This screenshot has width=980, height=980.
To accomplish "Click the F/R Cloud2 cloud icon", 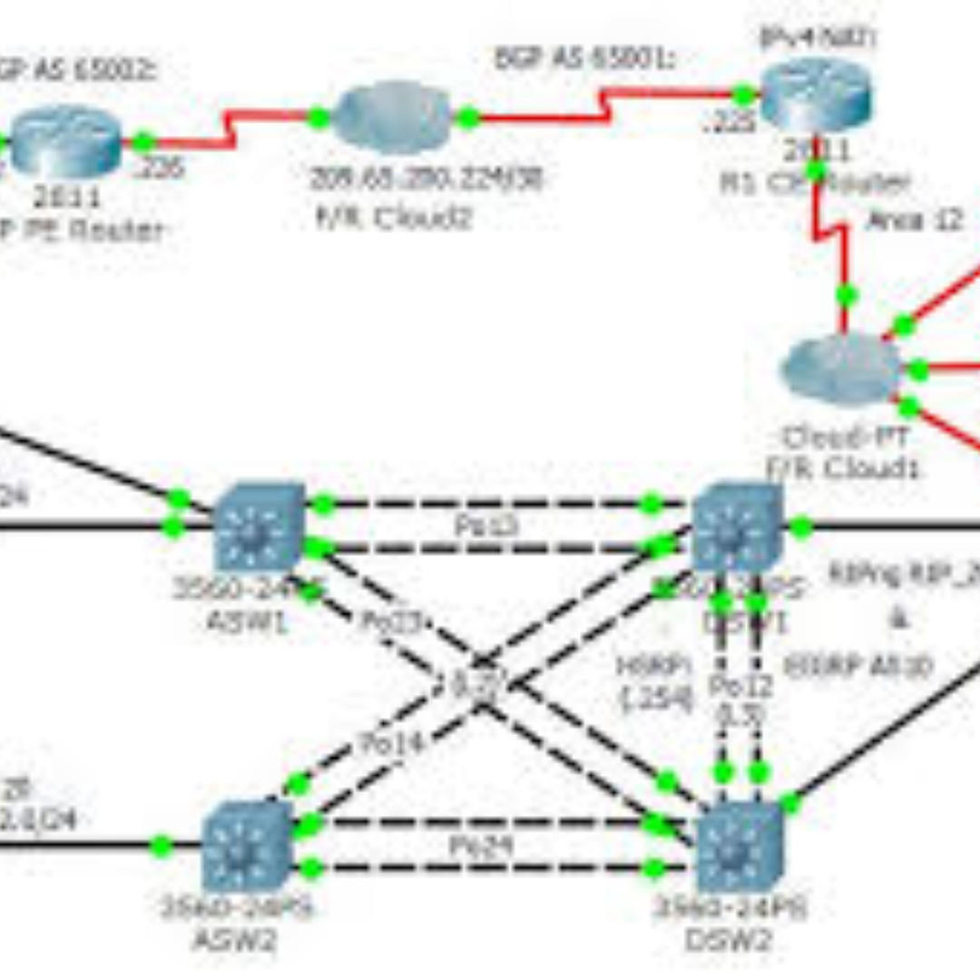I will [392, 117].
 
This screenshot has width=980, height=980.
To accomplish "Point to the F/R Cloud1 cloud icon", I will [842, 368].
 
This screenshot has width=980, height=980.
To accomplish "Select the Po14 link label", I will [392, 742].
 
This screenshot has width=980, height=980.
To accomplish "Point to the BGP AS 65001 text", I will [585, 59].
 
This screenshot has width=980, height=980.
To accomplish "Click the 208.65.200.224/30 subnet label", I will [426, 179].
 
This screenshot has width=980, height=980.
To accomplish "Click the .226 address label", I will [160, 168].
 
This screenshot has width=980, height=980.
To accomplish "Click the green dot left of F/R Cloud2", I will [318, 117].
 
